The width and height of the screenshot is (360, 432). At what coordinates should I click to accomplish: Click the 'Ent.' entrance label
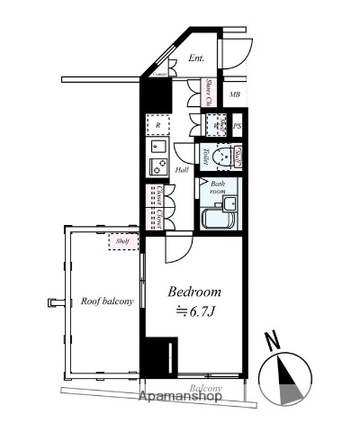coord(197,58)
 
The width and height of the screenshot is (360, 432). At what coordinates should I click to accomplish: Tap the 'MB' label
coord(234,94)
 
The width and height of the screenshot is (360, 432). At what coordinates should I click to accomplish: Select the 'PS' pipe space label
coord(238,127)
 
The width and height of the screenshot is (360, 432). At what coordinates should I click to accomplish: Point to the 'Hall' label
coord(181,169)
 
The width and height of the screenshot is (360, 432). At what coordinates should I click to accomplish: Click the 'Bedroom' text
coord(195,293)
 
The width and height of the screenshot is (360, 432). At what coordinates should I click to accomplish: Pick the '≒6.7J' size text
coord(195,311)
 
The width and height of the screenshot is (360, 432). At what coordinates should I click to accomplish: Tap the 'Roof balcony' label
coord(107,301)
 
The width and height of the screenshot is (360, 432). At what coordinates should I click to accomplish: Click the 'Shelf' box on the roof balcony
coord(122,240)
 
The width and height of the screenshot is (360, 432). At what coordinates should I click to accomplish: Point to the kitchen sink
coord(158,146)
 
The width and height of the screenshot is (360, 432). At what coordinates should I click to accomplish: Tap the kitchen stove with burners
coord(158,166)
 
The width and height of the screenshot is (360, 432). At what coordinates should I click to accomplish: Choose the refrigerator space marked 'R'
coord(158,126)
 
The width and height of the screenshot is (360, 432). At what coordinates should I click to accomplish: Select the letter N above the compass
coord(271,340)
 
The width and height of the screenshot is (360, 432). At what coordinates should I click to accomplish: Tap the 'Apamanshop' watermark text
coord(180,398)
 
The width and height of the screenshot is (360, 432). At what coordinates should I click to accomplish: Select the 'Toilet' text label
coord(206,155)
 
